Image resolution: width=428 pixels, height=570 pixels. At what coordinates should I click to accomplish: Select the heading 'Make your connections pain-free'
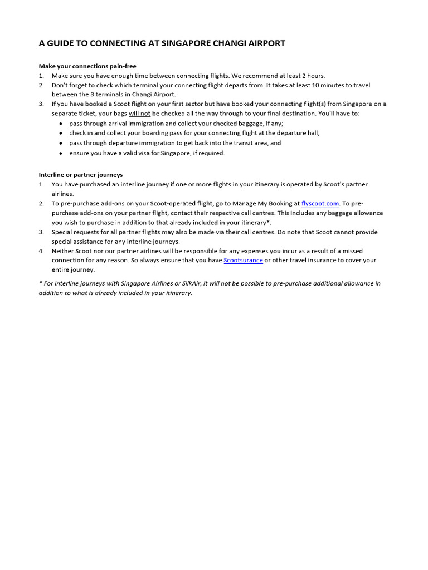click(x=87, y=66)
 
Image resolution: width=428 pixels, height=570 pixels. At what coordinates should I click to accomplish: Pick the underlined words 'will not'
click(x=139, y=114)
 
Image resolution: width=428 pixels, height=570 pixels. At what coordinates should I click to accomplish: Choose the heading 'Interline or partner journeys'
click(x=81, y=175)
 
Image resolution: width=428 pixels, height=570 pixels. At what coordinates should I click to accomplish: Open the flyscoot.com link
click(x=320, y=204)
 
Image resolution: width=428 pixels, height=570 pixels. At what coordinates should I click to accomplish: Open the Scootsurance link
click(x=243, y=261)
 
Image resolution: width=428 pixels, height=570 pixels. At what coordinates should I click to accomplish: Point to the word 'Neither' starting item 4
click(x=63, y=251)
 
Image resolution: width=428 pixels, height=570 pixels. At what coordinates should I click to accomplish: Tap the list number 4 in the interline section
click(x=41, y=251)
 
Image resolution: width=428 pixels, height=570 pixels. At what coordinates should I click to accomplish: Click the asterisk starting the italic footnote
click(x=40, y=283)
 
